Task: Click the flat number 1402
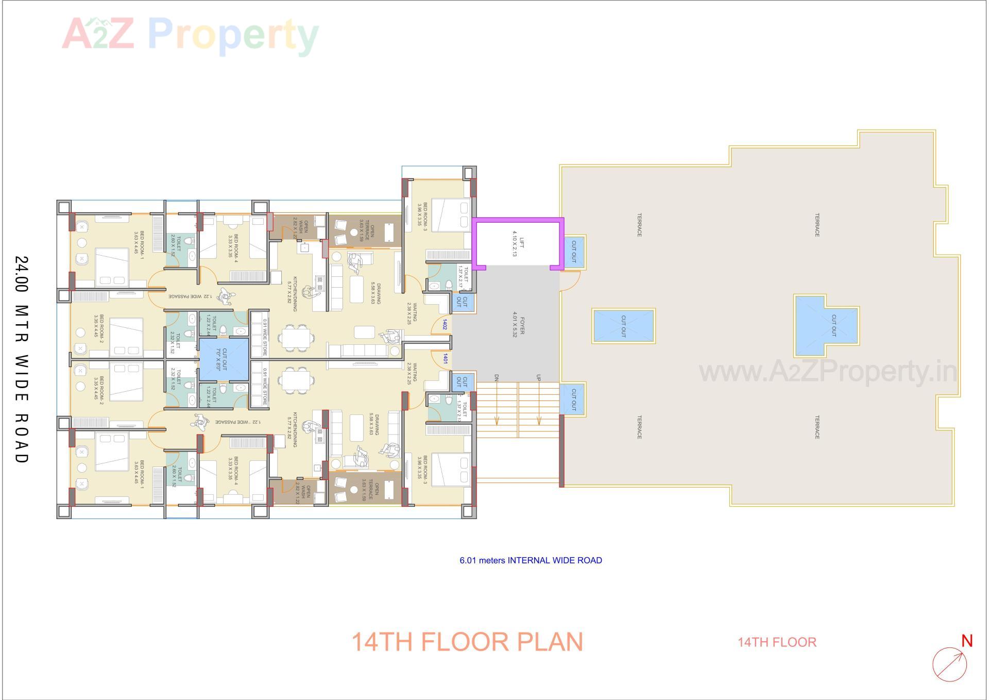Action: (444, 324)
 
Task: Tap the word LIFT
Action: (521, 243)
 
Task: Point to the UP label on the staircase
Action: (538, 378)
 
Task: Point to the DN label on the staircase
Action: (497, 378)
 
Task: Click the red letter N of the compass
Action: (966, 641)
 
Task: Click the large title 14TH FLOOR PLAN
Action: (467, 642)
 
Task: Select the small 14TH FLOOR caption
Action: (777, 642)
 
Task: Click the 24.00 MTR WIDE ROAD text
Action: (21, 359)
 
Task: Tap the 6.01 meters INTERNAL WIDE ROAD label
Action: (531, 560)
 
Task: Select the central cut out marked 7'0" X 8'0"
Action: (224, 359)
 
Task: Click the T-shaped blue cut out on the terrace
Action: (826, 326)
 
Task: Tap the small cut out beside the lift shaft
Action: (574, 252)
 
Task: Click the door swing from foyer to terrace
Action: (570, 281)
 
